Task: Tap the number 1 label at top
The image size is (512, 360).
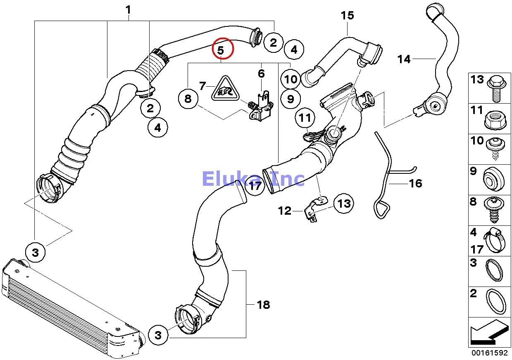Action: click(128, 10)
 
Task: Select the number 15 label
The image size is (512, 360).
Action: click(347, 15)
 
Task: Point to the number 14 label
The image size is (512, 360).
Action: click(404, 59)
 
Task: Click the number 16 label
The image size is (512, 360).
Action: click(416, 183)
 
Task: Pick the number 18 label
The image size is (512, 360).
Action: click(263, 305)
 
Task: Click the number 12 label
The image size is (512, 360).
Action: click(285, 211)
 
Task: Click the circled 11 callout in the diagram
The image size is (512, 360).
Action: click(305, 118)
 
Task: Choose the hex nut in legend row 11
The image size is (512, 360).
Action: click(494, 119)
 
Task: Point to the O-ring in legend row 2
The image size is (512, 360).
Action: click(495, 301)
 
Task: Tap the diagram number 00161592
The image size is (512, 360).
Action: click(490, 353)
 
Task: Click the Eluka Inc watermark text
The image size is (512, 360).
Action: click(253, 179)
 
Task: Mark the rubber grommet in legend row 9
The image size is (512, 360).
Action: click(494, 179)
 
